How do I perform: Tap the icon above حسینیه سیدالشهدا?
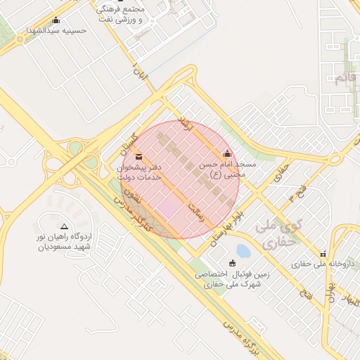click(56, 20)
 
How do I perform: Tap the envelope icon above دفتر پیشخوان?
click(139, 156)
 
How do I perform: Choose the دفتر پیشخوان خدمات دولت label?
click(139, 172)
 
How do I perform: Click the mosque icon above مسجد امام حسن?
click(226, 154)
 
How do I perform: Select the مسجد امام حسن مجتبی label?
click(226, 169)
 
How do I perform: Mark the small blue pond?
click(243, 251)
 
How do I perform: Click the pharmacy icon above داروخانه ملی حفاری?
click(323, 253)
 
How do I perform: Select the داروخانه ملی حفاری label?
click(324, 264)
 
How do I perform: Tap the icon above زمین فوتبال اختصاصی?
click(233, 263)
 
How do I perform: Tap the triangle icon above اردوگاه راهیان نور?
click(65, 226)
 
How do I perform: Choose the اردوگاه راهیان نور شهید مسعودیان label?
click(64, 242)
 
